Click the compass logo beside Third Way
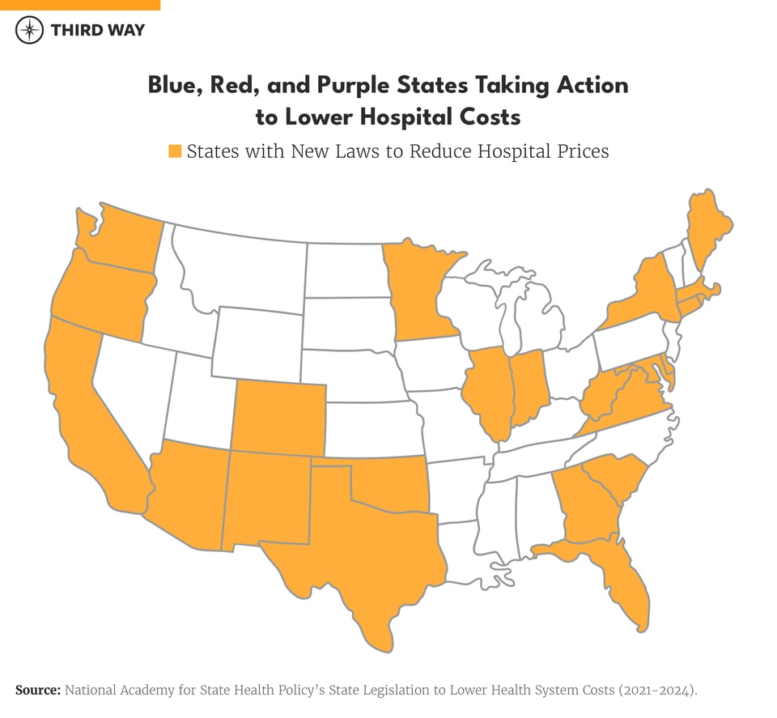(29, 30)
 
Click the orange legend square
(175, 151)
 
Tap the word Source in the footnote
(38, 690)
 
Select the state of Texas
(364, 550)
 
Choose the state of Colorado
(279, 418)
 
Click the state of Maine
(706, 231)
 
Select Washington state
(121, 239)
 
